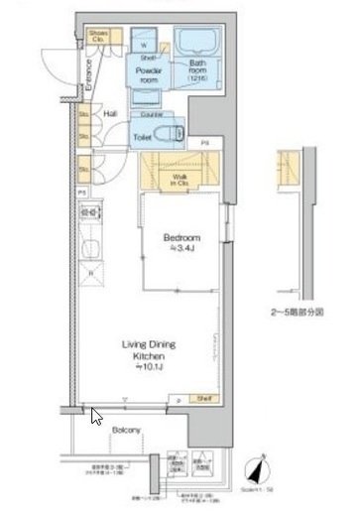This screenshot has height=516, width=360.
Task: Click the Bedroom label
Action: [x=182, y=238]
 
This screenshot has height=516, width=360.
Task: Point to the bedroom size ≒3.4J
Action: [x=182, y=249]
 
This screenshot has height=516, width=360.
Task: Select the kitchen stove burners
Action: [x=86, y=211]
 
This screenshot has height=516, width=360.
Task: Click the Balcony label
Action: [x=125, y=430]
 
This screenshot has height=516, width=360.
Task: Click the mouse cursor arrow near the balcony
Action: [x=94, y=416]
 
